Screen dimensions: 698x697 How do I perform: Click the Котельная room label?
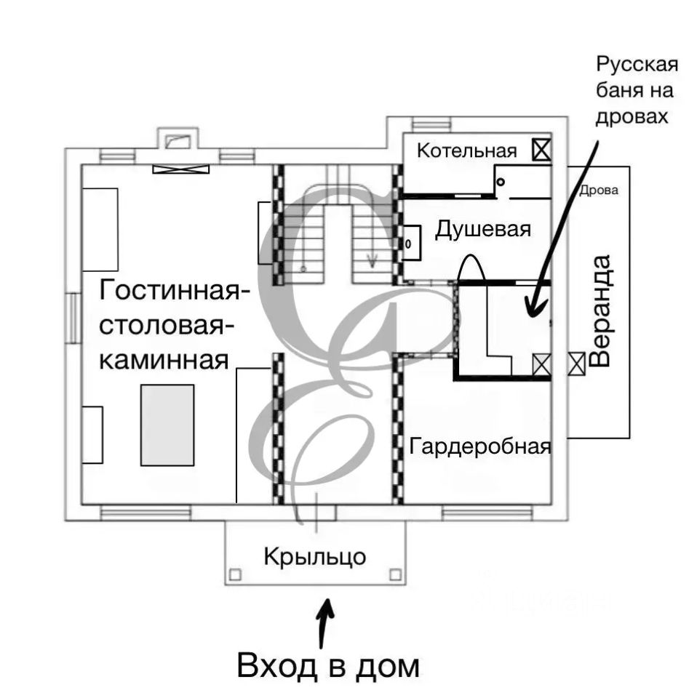466,151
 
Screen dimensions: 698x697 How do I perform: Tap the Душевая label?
483,230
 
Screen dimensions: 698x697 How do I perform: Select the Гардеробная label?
479,446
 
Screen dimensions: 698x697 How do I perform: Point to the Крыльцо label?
314,558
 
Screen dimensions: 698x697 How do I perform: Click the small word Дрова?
599,192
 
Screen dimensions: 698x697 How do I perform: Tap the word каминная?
164,358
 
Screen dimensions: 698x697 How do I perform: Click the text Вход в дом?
329,665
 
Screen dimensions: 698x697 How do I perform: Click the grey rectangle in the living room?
167,425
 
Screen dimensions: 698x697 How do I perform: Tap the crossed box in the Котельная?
540,151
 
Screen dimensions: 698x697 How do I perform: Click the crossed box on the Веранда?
577,362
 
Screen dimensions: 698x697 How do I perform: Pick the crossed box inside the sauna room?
541,364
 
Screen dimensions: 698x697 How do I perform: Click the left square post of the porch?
234,574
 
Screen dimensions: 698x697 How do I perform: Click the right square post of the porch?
396,574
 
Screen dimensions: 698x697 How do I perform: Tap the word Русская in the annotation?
637,65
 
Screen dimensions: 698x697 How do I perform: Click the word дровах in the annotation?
632,116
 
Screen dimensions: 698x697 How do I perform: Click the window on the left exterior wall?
73,317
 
